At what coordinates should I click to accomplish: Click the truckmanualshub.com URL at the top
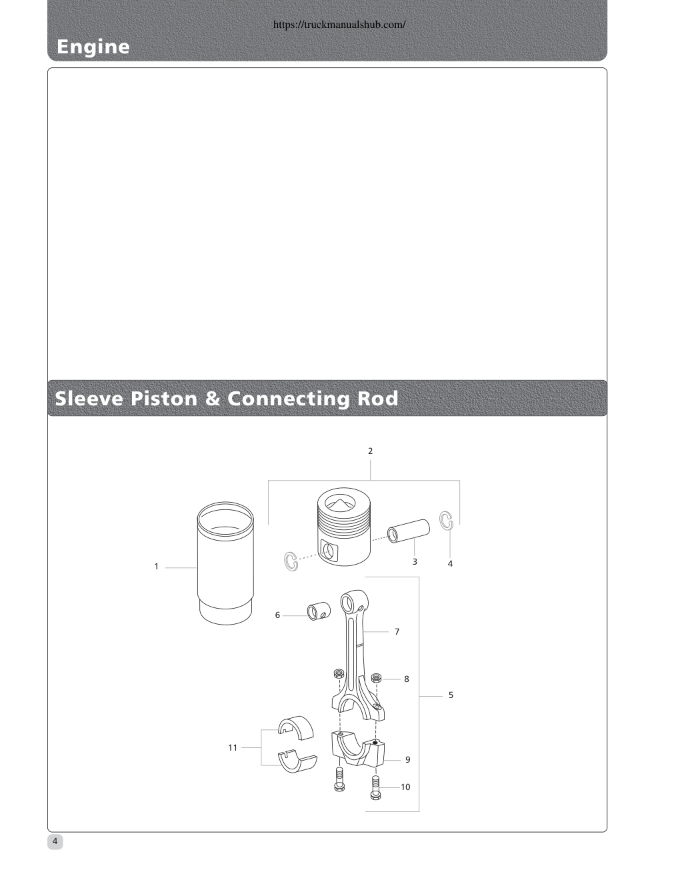click(x=339, y=25)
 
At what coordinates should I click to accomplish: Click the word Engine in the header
click(x=93, y=47)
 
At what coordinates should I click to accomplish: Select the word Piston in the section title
click(x=163, y=399)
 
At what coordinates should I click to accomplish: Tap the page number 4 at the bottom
click(x=55, y=841)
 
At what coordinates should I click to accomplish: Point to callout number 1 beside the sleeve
click(x=156, y=567)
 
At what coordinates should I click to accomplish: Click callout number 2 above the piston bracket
click(x=370, y=451)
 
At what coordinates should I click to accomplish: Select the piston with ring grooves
click(x=343, y=527)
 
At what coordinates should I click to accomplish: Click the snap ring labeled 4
click(x=446, y=520)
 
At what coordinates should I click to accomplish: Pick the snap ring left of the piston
click(x=291, y=561)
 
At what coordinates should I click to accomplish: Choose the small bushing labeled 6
click(x=319, y=611)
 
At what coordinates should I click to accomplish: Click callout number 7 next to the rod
click(x=397, y=632)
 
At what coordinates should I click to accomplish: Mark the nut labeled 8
click(x=376, y=677)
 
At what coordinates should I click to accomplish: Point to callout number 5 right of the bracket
click(x=451, y=695)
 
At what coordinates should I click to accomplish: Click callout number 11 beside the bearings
click(x=233, y=748)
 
